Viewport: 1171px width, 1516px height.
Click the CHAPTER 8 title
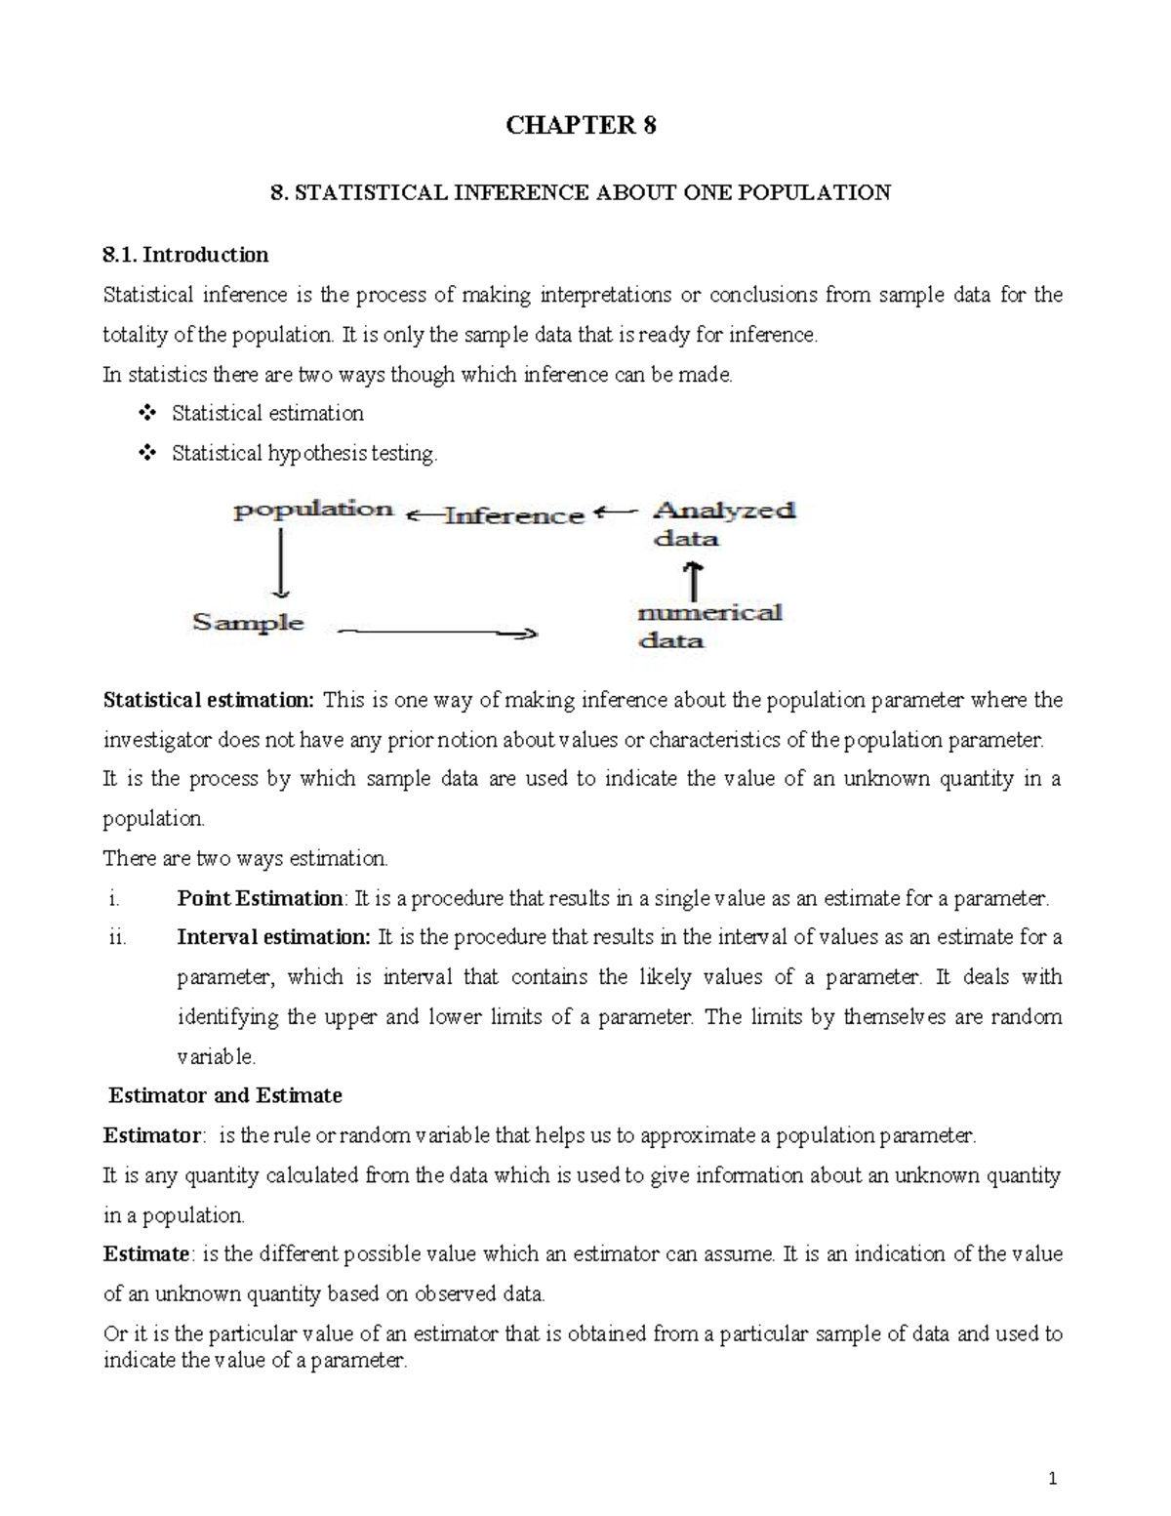click(x=580, y=126)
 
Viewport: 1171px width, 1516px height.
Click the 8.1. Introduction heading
click(x=185, y=255)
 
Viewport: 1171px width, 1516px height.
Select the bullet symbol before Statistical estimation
click(x=148, y=414)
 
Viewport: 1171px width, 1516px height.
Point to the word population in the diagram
click(x=313, y=510)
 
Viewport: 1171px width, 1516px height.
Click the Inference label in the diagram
click(x=513, y=515)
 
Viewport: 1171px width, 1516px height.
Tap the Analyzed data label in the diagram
click(x=723, y=523)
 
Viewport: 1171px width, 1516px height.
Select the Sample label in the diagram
click(x=248, y=623)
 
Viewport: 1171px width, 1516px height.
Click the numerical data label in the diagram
click(x=709, y=626)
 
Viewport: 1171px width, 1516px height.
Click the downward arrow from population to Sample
click(x=281, y=562)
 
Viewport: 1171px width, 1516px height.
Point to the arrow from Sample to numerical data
click(x=437, y=634)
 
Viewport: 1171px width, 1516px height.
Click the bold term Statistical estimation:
click(x=209, y=701)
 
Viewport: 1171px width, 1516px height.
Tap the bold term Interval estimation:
click(x=273, y=938)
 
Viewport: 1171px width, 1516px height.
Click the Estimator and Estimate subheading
click(x=225, y=1096)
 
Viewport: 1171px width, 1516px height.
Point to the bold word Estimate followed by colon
click(x=145, y=1254)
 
